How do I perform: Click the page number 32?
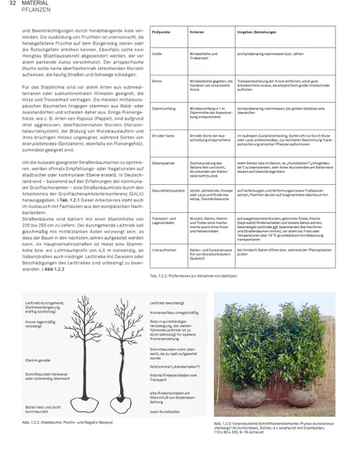point(12,4)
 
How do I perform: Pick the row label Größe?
point(157,53)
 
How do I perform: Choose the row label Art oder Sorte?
point(165,135)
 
